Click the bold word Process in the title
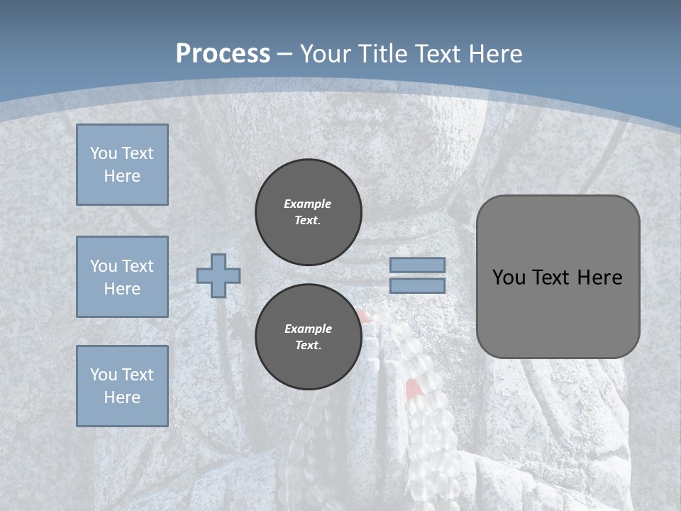coord(223,54)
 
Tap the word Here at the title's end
coord(494,54)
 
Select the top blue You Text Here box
coord(122,165)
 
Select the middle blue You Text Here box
coord(122,277)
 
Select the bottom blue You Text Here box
coord(122,386)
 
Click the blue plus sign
coord(218,275)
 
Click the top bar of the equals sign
coord(418,265)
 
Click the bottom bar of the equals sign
coord(418,285)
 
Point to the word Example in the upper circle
coord(307,204)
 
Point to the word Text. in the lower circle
coord(308,346)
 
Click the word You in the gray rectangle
coord(508,278)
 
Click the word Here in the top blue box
coord(122,176)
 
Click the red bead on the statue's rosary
coord(411,388)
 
